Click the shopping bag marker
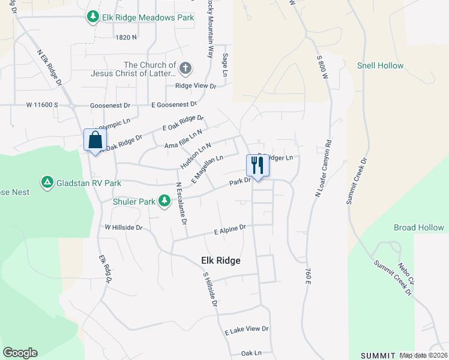click(95, 140)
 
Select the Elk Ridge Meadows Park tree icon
click(92, 17)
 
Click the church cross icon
click(185, 68)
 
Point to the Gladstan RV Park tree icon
click(47, 182)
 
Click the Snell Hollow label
click(381, 65)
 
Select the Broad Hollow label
click(419, 227)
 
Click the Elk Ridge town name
click(220, 260)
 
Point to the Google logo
click(20, 352)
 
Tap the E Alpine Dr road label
click(231, 229)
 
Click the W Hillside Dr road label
click(124, 228)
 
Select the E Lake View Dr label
click(247, 329)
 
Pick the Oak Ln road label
click(252, 353)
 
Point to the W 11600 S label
click(42, 105)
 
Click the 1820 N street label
click(126, 37)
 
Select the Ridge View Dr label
click(195, 86)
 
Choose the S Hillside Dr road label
click(209, 290)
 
